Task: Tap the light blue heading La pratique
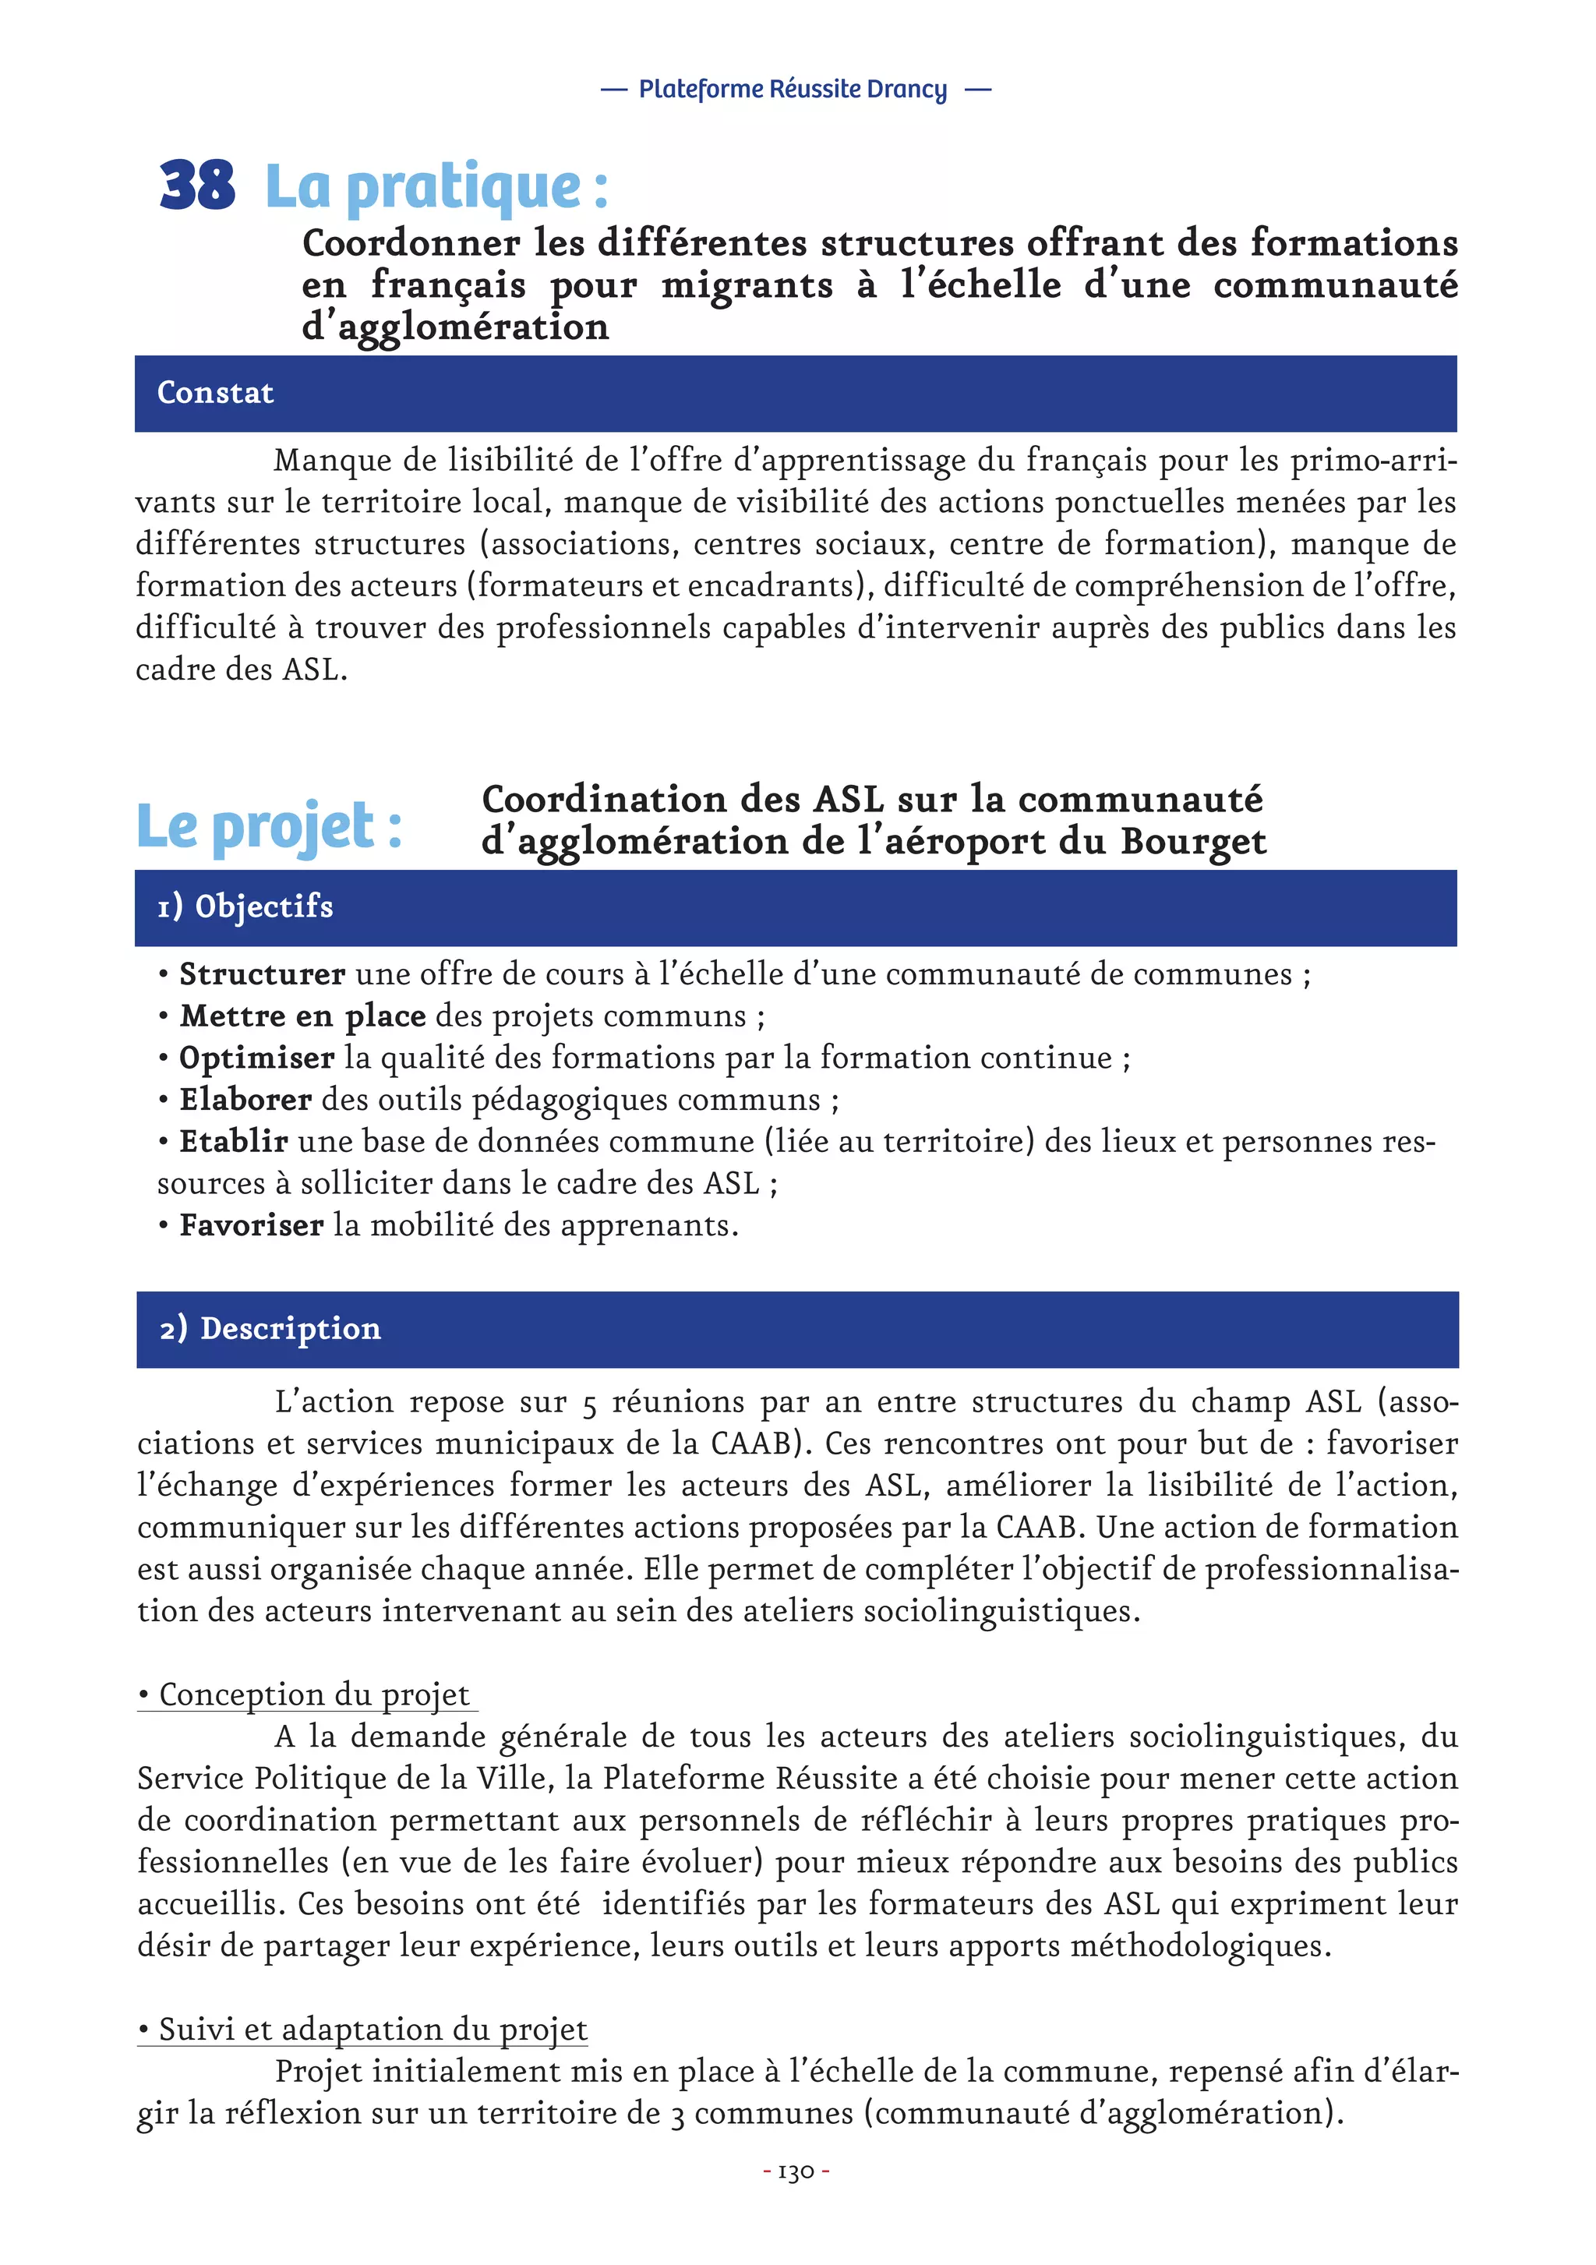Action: tap(436, 186)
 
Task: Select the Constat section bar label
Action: tap(215, 393)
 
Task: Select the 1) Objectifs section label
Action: tap(245, 906)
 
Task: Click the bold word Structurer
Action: tap(261, 974)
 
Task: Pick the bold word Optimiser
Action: tap(256, 1058)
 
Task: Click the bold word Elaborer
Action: tap(245, 1100)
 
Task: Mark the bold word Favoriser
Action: tap(251, 1225)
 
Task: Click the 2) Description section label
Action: tap(270, 1328)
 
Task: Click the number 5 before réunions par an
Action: tap(589, 1404)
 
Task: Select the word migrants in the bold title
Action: tap(747, 285)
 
